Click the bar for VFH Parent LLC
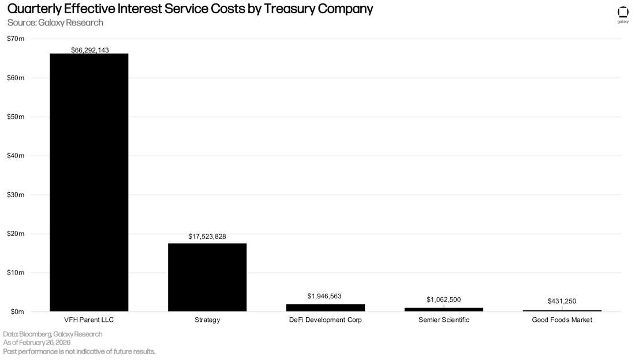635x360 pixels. point(89,182)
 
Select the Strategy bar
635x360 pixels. point(207,277)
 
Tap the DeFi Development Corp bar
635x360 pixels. point(326,307)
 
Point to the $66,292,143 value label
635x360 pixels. point(89,50)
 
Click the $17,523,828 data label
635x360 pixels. point(207,237)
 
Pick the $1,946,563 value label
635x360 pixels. point(324,296)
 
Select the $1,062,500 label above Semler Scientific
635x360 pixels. point(443,299)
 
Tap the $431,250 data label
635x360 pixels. point(562,301)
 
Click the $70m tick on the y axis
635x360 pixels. point(16,39)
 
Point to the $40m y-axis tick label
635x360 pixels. point(16,156)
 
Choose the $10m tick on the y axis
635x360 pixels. point(16,272)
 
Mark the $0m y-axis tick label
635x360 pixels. point(17,312)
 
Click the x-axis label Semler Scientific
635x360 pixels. point(443,320)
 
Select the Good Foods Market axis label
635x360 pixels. point(562,320)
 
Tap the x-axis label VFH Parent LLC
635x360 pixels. point(89,320)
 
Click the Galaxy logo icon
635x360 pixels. point(623,13)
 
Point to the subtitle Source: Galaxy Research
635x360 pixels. point(55,22)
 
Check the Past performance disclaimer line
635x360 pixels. point(79,351)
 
